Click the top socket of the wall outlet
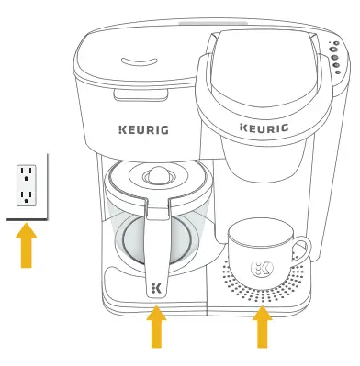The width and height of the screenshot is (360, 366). click(x=27, y=174)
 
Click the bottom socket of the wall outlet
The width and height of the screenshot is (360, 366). click(x=27, y=195)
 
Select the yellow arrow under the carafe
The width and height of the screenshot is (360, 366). click(x=157, y=327)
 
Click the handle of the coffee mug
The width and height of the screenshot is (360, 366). click(x=300, y=249)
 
